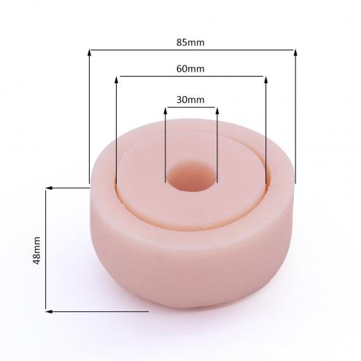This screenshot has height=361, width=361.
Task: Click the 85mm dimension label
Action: pyautogui.click(x=190, y=42)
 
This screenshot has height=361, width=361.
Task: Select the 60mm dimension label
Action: pyautogui.click(x=190, y=69)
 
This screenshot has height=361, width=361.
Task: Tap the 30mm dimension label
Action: pyautogui.click(x=190, y=100)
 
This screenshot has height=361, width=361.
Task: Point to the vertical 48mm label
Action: pyautogui.click(x=36, y=250)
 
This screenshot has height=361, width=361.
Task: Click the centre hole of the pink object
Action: pyautogui.click(x=192, y=176)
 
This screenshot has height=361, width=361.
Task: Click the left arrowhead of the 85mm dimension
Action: pyautogui.click(x=90, y=53)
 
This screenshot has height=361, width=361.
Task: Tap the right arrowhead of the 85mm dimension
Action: pyautogui.click(x=295, y=53)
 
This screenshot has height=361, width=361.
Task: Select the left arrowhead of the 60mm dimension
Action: pyautogui.click(x=116, y=79)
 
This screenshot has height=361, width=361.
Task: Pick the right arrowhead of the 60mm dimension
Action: pyautogui.click(x=265, y=79)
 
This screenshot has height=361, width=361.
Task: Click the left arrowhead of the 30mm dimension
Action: pyautogui.click(x=166, y=111)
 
